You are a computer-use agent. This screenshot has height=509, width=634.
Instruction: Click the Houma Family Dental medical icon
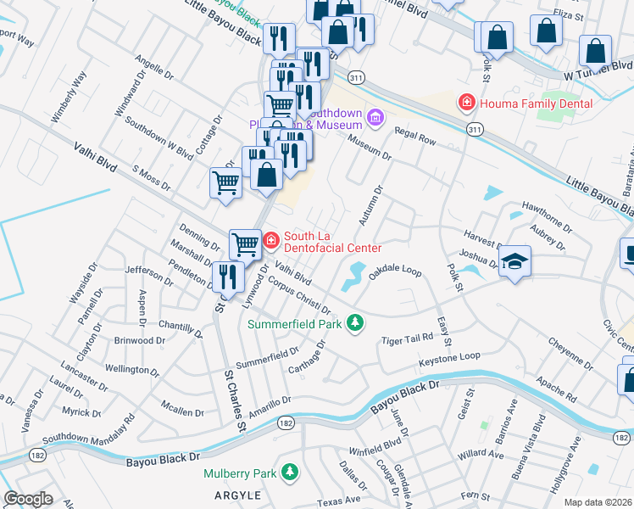(465, 103)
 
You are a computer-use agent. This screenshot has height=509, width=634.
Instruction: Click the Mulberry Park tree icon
(291, 470)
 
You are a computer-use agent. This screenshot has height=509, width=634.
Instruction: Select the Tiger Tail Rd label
(408, 338)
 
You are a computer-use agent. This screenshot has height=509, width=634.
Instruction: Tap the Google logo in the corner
(28, 499)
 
